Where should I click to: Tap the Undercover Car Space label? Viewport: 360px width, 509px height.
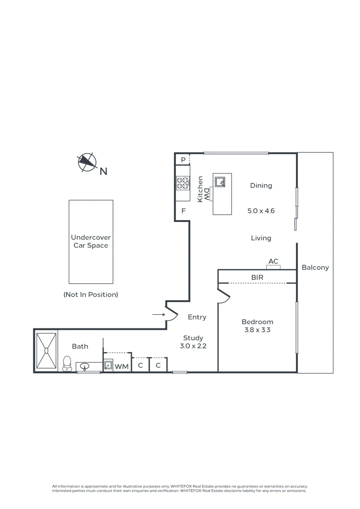point(90,242)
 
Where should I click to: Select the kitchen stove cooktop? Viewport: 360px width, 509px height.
point(182,183)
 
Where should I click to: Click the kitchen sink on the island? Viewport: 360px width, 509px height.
point(220,181)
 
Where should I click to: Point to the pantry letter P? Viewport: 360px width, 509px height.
point(183,160)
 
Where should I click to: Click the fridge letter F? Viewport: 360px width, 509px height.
point(183,211)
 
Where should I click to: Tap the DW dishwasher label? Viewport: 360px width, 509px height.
point(206,193)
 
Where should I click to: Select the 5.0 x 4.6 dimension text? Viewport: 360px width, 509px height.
point(261,211)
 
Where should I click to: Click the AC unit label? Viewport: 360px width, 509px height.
point(273,262)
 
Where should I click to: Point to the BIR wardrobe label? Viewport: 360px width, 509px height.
point(257,278)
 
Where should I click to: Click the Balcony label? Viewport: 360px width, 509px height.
point(315,267)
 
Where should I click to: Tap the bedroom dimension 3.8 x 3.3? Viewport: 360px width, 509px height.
point(257,330)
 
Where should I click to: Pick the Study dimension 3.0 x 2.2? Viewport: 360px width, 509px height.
point(193,345)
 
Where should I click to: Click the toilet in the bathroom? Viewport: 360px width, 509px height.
point(67,363)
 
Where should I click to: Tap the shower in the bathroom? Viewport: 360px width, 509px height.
point(46,350)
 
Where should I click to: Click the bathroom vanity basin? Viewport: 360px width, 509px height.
point(86,366)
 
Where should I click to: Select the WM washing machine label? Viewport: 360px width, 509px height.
point(122,366)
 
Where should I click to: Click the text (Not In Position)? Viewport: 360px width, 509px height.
point(90,295)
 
